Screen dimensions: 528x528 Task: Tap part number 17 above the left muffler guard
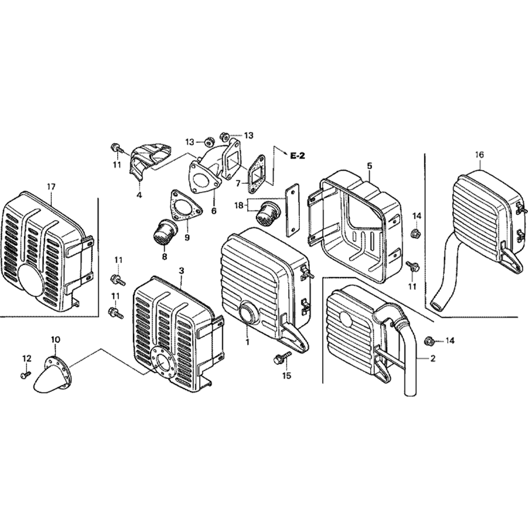(51, 186)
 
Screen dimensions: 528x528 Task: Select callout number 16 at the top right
(479, 155)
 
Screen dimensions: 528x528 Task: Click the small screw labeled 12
(24, 374)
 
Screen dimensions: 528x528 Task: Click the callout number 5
(369, 166)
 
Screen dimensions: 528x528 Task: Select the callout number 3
(181, 270)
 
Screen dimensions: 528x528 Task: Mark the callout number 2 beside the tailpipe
(433, 358)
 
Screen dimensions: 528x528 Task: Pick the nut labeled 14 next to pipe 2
(429, 341)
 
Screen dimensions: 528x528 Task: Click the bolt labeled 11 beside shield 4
(115, 147)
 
